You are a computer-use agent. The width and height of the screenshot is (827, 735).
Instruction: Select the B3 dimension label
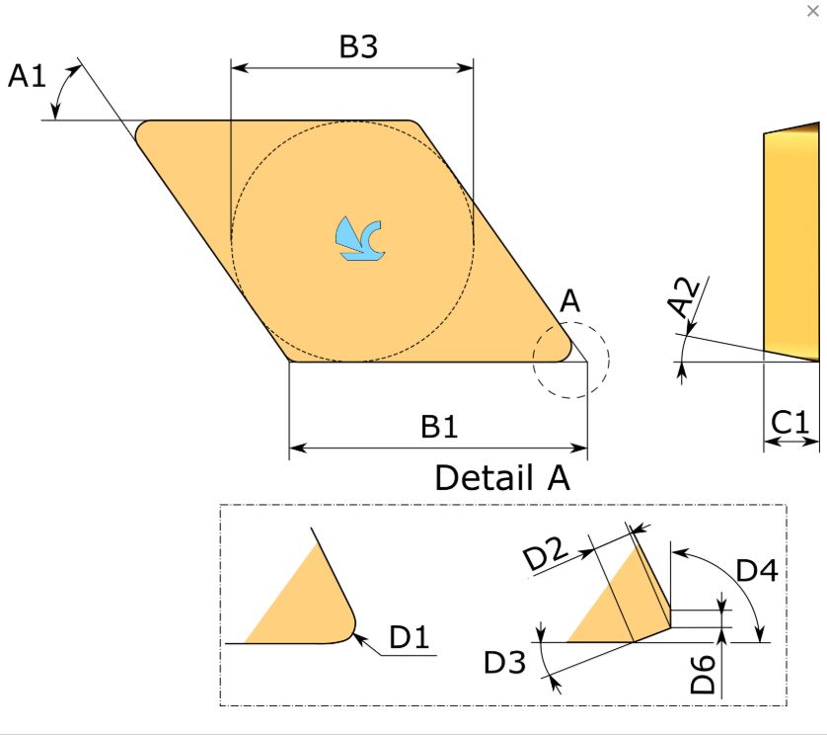[x=358, y=45]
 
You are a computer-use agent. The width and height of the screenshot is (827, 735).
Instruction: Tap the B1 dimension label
[x=439, y=427]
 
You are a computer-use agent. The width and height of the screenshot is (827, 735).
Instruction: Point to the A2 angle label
[x=685, y=297]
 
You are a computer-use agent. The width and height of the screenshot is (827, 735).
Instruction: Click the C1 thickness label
[x=789, y=423]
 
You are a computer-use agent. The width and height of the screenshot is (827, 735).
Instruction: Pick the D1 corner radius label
[x=409, y=636]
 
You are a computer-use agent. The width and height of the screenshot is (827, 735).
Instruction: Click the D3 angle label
[x=504, y=662]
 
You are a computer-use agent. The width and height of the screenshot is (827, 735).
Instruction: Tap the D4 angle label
[x=757, y=571]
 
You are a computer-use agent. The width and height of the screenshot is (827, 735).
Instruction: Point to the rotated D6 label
[x=703, y=675]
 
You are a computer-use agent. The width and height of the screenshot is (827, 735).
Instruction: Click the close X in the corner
[x=813, y=11]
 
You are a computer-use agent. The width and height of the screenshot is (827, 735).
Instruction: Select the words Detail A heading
[x=502, y=477]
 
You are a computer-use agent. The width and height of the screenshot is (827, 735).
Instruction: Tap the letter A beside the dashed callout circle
[x=569, y=301]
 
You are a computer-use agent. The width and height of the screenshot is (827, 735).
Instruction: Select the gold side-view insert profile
[x=791, y=242]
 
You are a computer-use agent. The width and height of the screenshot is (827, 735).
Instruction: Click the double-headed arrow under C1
[x=791, y=443]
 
